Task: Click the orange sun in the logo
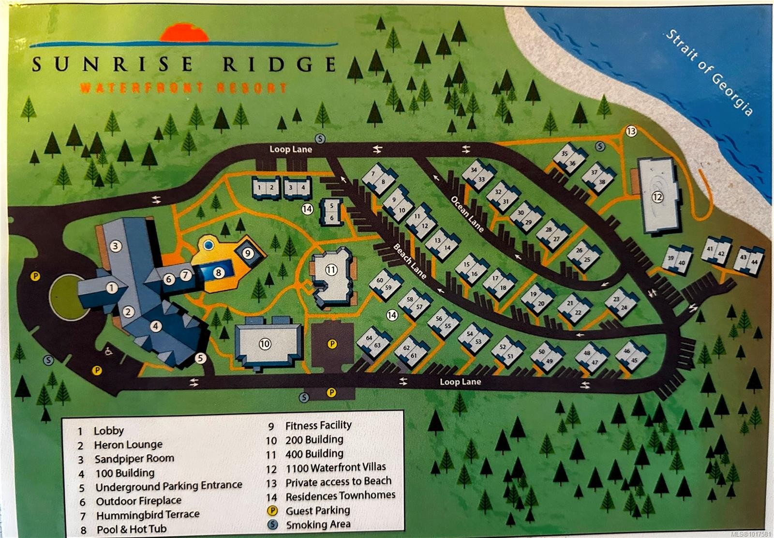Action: (x=184, y=34)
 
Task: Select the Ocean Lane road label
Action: (x=467, y=214)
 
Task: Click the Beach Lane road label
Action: (x=410, y=261)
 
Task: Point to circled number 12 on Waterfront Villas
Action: (x=657, y=197)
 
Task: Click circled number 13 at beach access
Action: (x=631, y=131)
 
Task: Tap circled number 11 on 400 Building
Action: (x=331, y=270)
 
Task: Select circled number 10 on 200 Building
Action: (x=265, y=344)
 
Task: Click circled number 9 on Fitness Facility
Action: (x=248, y=253)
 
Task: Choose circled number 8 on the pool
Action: (x=218, y=272)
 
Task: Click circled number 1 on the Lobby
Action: (x=112, y=288)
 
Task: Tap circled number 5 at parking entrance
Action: (x=201, y=358)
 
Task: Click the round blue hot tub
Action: (x=208, y=245)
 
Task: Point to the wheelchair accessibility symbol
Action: (x=109, y=352)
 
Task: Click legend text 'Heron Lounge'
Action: (x=128, y=445)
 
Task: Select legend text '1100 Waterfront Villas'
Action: (x=335, y=468)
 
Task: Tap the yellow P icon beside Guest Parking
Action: (x=272, y=510)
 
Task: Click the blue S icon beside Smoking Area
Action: (x=272, y=524)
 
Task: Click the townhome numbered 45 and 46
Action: (x=631, y=356)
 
